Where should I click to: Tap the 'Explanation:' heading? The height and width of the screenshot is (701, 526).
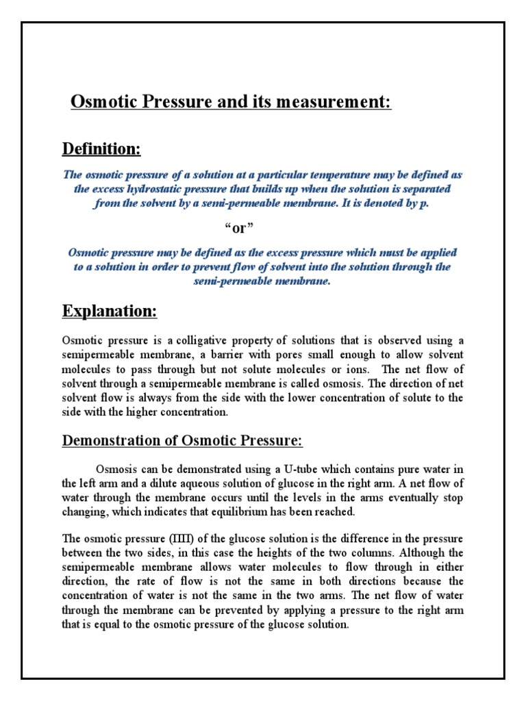[x=110, y=311]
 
